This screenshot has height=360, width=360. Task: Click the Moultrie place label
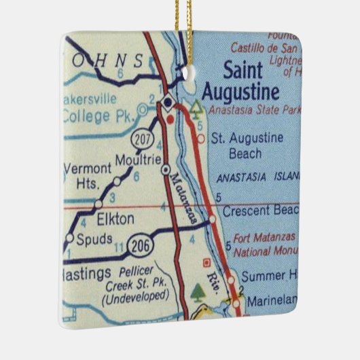point(138,160)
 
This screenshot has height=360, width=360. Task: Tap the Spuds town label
point(95,239)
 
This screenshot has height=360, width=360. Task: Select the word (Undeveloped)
point(134,297)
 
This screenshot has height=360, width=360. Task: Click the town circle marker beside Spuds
point(69,238)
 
